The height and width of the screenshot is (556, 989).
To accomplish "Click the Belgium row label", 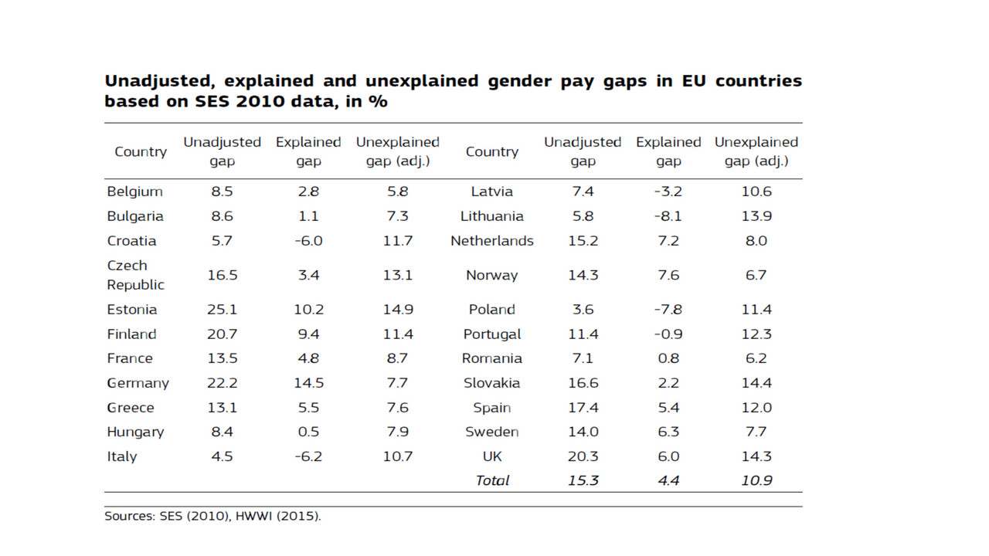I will point(134,192).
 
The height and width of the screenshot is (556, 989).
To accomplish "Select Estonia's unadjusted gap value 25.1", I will point(222,310).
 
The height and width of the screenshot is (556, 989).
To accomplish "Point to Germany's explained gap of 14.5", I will point(308,383).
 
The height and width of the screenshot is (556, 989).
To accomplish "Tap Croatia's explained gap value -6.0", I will point(308,241).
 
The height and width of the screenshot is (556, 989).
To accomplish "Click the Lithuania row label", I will point(491,216).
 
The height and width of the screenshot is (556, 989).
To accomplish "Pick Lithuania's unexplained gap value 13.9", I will point(756,216).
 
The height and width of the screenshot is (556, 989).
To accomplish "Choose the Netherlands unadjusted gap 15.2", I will point(583,241).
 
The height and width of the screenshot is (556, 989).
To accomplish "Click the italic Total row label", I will point(492,480).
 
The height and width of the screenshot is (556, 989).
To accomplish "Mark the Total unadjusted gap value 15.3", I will point(583,480).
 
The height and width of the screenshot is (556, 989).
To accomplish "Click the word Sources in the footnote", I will point(128,516).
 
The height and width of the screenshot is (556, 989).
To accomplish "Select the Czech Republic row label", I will point(135,275).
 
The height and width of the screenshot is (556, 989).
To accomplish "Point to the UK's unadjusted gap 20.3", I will point(583,456).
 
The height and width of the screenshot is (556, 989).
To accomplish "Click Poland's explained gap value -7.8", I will point(668,310).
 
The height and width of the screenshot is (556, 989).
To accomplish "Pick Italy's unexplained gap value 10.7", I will point(397,456).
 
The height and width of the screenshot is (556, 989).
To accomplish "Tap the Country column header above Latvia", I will point(491,151).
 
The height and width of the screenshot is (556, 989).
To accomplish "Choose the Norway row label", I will point(491,275).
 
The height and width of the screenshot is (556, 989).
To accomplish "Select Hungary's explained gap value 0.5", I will point(308,432).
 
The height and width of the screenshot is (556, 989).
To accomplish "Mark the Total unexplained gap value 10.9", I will point(756,480).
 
